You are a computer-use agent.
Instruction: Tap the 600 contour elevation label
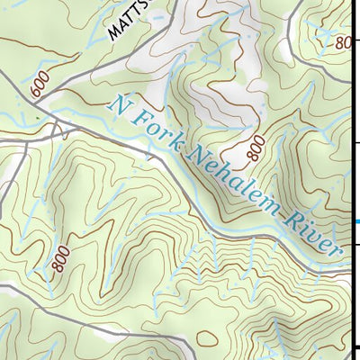pos(37,86)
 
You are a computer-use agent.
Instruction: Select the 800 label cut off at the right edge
pos(343,40)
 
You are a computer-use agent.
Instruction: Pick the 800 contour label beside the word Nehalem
pos(256,144)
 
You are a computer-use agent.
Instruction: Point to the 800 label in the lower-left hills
pos(60,260)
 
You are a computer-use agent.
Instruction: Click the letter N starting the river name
pos(116,103)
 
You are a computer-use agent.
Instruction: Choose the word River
pos(316,234)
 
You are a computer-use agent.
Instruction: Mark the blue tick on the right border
pos(356,221)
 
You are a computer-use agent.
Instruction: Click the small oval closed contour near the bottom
pos(205,337)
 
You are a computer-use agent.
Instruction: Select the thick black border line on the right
pos(358,180)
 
